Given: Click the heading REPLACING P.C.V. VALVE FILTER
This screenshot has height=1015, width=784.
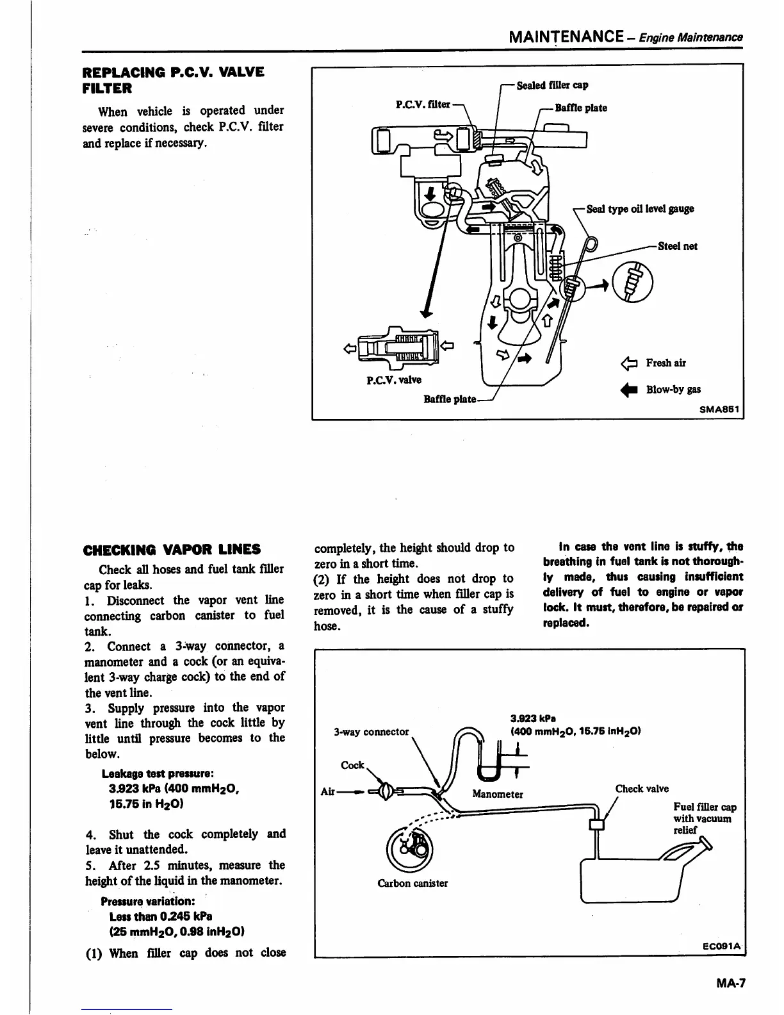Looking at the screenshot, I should (174, 79).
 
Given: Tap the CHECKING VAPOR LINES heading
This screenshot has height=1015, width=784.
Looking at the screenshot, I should (172, 549).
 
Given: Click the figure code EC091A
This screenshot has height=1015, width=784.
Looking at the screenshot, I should (721, 946).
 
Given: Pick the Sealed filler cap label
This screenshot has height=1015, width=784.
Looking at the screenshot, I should (552, 85).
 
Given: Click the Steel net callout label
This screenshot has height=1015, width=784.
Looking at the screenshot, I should (678, 246).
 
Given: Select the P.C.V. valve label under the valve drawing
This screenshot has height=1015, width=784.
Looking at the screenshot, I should (394, 380).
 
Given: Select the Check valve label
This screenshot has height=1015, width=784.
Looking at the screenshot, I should (642, 789).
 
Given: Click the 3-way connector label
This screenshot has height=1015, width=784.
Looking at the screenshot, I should (371, 731).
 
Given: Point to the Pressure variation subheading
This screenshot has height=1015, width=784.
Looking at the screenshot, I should (151, 901).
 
